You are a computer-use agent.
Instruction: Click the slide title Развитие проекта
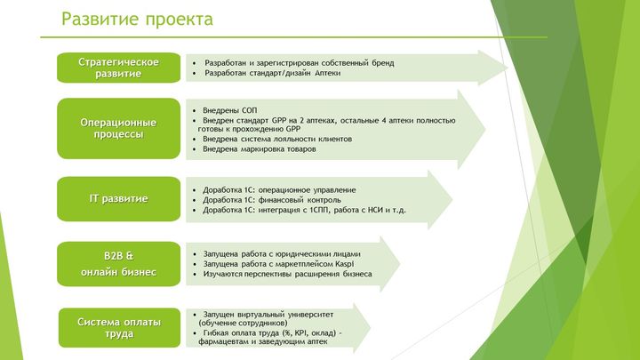click(x=137, y=20)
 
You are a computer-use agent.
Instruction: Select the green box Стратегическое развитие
click(x=119, y=68)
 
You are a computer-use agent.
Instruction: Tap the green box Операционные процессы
click(x=119, y=129)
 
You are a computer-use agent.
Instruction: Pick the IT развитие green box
click(x=119, y=199)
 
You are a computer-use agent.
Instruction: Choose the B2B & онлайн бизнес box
click(x=119, y=264)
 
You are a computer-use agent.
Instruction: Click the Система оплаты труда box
click(x=119, y=328)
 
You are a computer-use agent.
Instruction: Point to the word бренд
click(x=383, y=63)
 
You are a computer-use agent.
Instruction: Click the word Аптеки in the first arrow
click(x=328, y=73)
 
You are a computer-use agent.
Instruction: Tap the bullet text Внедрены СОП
click(x=230, y=110)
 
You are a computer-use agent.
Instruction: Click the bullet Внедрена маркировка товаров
click(x=260, y=149)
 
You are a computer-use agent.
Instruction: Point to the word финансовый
click(x=281, y=200)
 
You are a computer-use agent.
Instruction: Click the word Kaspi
click(x=345, y=264)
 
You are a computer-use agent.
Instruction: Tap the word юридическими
click(x=301, y=254)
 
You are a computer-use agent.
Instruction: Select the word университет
click(x=310, y=315)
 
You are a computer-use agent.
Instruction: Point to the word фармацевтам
click(x=221, y=342)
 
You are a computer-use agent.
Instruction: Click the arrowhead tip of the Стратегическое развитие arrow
click(x=508, y=68)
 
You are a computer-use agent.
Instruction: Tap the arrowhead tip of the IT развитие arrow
click(x=452, y=200)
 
